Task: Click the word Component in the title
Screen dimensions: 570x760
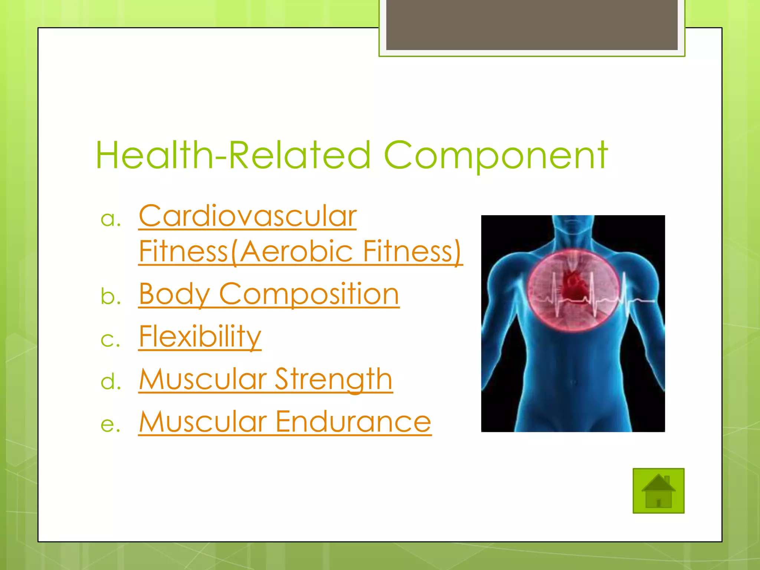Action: tap(496, 156)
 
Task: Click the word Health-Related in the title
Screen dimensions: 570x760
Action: tap(233, 156)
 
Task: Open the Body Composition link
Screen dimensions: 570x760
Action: tap(269, 294)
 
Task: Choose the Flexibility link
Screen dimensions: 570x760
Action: tap(200, 337)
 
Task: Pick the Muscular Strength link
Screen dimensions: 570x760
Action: tap(265, 379)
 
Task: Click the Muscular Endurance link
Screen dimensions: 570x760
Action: tap(285, 422)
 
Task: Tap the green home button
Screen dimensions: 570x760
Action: tap(658, 491)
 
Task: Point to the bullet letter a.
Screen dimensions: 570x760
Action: tap(111, 219)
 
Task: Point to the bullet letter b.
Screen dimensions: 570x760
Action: tap(111, 297)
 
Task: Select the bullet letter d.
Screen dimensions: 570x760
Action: tap(111, 381)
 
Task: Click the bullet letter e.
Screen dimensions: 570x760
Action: tap(111, 424)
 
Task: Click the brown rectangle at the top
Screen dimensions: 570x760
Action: tap(531, 24)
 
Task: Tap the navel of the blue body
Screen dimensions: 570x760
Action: tap(574, 382)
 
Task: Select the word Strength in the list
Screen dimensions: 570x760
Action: tap(333, 379)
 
